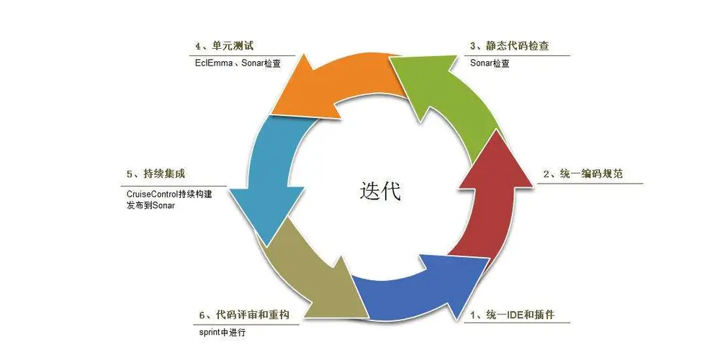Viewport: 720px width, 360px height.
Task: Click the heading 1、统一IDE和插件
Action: point(512,315)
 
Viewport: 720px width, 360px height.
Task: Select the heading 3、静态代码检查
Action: point(510,46)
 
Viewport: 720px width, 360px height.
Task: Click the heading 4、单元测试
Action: point(224,46)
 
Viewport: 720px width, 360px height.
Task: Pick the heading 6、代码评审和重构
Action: point(245,315)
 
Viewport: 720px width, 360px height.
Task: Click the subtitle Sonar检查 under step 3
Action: point(491,63)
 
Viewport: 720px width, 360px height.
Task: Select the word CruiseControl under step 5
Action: point(155,194)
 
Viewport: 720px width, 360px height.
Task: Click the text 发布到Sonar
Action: point(151,205)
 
